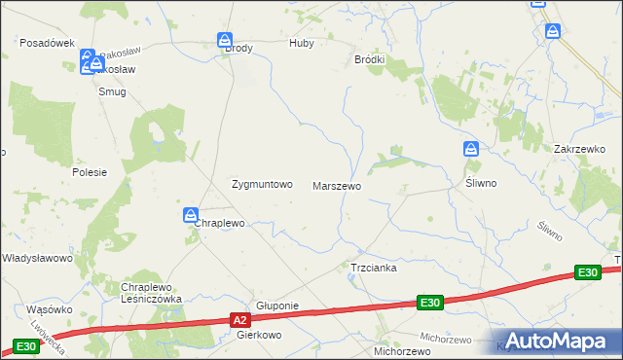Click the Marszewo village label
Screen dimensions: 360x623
click(337, 185)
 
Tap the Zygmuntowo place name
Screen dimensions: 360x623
click(261, 183)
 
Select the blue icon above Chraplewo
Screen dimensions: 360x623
click(192, 214)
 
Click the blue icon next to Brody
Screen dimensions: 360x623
click(225, 41)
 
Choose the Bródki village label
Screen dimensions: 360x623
click(370, 59)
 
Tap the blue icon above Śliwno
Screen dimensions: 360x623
click(471, 149)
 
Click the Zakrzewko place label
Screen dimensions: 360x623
click(580, 149)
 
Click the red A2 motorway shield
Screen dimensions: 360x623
click(241, 318)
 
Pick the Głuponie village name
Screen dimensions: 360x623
click(276, 306)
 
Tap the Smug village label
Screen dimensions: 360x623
click(112, 91)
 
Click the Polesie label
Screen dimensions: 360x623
click(89, 171)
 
